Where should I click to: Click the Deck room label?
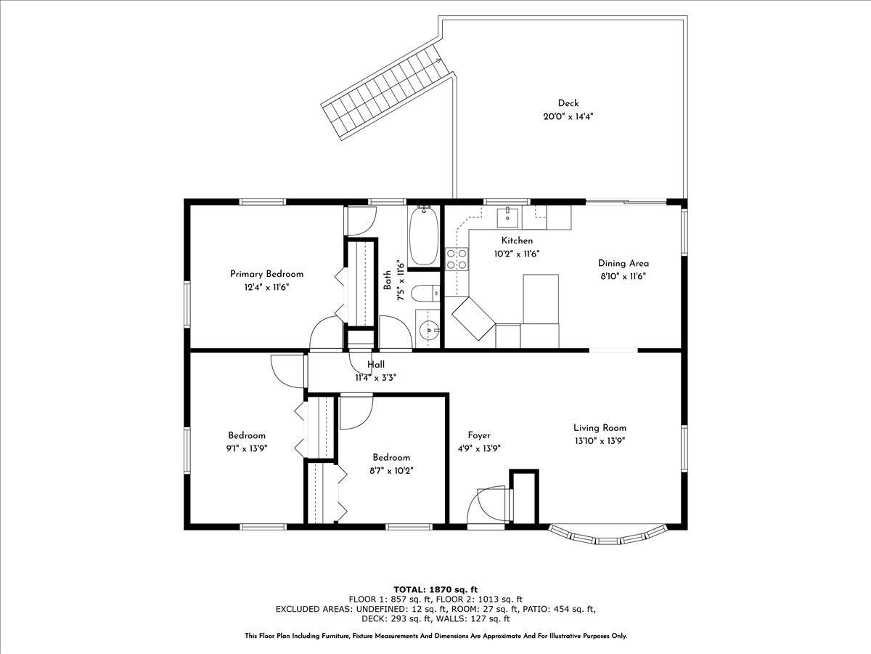[568, 103]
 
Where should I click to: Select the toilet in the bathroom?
[425, 294]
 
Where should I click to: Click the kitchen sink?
[507, 217]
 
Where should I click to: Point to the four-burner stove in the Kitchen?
[457, 259]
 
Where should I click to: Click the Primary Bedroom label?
[266, 274]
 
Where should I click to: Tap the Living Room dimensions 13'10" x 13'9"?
[600, 441]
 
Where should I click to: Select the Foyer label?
[479, 435]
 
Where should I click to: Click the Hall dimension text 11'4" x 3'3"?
[376, 378]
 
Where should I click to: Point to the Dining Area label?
[623, 263]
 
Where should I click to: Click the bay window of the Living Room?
[608, 537]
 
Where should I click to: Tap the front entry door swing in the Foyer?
[487, 507]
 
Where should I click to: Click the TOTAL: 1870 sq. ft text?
[435, 589]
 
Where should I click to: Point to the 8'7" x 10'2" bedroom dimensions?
[391, 471]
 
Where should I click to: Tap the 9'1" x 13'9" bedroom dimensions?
[246, 448]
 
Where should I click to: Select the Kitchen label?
[517, 241]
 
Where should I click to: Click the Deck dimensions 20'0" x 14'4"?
[568, 117]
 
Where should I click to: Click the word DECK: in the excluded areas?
[375, 618]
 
